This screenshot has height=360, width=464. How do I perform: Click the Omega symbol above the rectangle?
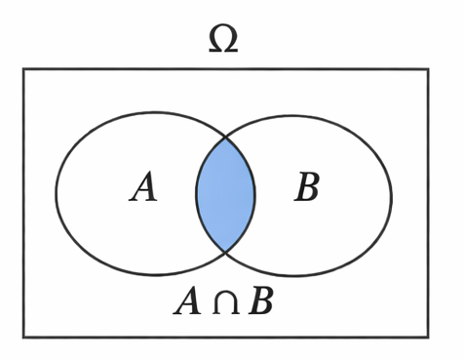pyautogui.click(x=223, y=38)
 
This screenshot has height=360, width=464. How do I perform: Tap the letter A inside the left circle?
pyautogui.click(x=143, y=187)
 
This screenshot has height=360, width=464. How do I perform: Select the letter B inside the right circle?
pyautogui.click(x=307, y=187)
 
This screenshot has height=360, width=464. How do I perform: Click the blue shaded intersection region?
pyautogui.click(x=225, y=194)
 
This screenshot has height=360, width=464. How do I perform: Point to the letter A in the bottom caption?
pyautogui.click(x=188, y=301)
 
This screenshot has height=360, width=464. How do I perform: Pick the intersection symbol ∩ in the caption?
pyautogui.click(x=224, y=302)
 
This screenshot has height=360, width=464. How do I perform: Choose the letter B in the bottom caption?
pyautogui.click(x=260, y=301)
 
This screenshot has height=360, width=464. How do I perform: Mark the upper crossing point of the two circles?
pyautogui.click(x=226, y=137)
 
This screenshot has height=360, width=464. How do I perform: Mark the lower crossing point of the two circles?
pyautogui.click(x=226, y=252)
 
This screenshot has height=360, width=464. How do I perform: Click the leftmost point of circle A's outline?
pyautogui.click(x=56, y=193)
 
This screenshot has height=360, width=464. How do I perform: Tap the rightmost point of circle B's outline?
pyautogui.click(x=392, y=195)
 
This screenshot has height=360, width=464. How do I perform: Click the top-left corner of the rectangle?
pyautogui.click(x=23, y=69)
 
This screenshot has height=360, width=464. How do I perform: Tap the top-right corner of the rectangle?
pyautogui.click(x=428, y=69)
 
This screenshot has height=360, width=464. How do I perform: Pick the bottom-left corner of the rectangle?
pyautogui.click(x=23, y=337)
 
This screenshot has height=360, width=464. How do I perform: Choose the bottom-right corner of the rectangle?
pyautogui.click(x=428, y=337)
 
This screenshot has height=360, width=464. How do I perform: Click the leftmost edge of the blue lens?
pyautogui.click(x=196, y=194)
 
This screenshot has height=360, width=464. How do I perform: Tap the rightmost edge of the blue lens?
pyautogui.click(x=255, y=194)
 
